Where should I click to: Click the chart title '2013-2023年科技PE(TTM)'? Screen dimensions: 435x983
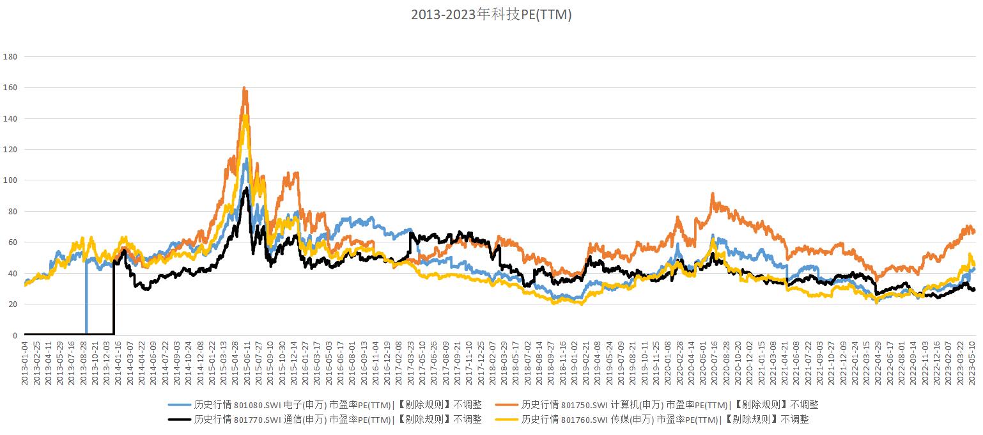[491, 15]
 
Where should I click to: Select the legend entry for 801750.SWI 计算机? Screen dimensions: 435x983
[670, 404]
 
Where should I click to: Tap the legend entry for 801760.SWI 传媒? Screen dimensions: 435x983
[665, 420]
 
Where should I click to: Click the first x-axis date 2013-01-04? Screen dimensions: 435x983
[25, 363]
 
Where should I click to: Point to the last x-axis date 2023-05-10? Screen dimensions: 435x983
[973, 363]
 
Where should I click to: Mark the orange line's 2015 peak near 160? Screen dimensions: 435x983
[244, 88]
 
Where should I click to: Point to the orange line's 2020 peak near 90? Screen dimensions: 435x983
[712, 194]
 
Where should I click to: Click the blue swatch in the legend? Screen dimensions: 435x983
[179, 404]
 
